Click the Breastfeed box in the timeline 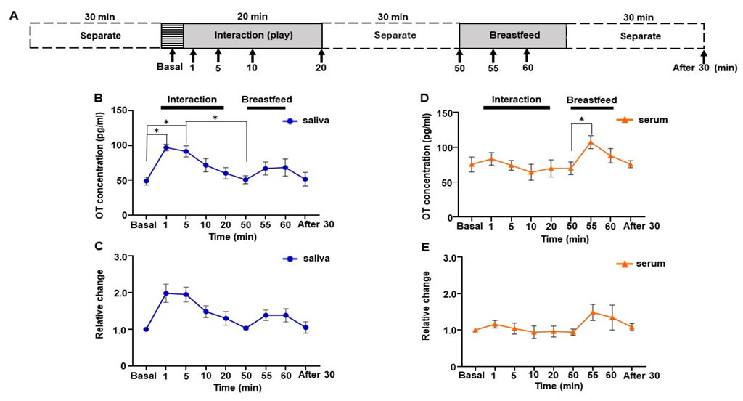(x=512, y=35)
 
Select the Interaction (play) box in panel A (x=253, y=35)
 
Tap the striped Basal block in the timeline (x=172, y=35)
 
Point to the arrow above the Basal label (x=172, y=55)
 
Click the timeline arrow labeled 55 (x=493, y=55)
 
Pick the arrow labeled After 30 (x=703, y=55)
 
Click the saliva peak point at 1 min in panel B (x=166, y=147)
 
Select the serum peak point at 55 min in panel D (x=591, y=142)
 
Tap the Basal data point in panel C (x=146, y=329)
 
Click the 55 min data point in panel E (x=592, y=313)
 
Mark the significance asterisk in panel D (x=581, y=120)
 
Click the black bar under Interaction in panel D (x=516, y=109)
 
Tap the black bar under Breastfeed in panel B (x=266, y=109)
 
